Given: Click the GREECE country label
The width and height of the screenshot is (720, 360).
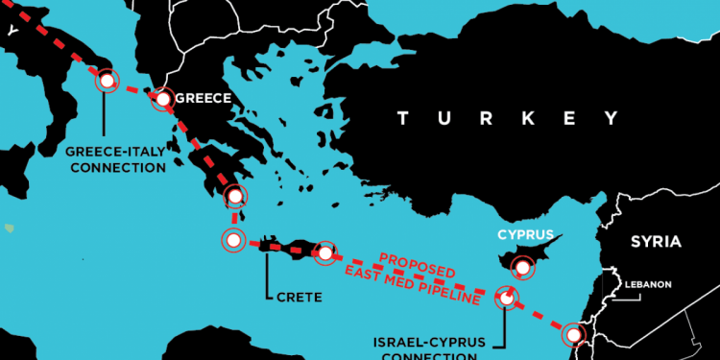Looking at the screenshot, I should (x=203, y=98).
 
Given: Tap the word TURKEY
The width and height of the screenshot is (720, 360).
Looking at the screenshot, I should (x=506, y=118).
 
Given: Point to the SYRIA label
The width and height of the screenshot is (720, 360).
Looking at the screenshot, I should (x=655, y=241).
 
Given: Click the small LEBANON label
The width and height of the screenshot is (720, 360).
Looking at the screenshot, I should (x=648, y=284).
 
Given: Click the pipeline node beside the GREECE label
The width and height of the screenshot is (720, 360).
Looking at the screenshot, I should (x=163, y=98).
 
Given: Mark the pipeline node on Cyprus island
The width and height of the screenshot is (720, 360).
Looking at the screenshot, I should (x=523, y=267).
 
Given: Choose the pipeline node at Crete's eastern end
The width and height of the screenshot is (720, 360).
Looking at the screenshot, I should (x=325, y=252).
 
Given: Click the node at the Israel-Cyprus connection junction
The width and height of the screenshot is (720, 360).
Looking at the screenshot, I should (x=506, y=298).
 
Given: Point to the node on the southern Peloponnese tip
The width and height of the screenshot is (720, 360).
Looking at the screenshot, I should (x=235, y=197).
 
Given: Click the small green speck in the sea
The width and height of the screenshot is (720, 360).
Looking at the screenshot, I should (x=10, y=228).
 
